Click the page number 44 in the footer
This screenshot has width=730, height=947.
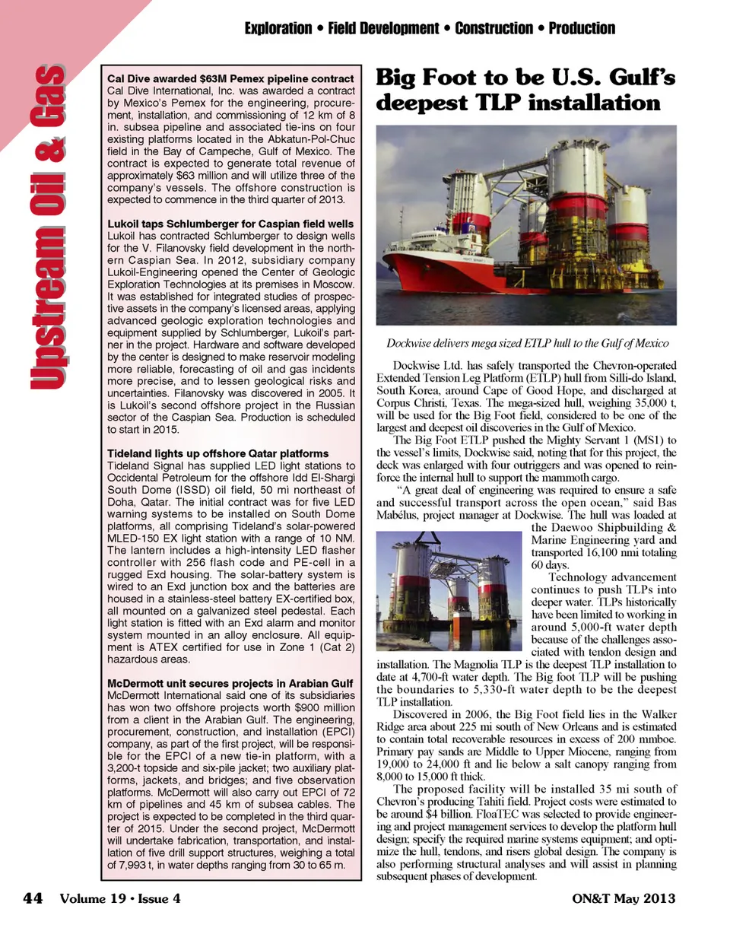point(33,898)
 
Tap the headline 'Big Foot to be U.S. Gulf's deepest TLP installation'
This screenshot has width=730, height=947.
point(525,90)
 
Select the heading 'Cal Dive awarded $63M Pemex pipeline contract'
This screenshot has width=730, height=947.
point(230,78)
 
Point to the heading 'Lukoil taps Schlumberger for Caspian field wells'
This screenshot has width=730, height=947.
point(230,224)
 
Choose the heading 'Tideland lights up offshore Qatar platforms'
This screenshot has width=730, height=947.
point(218,453)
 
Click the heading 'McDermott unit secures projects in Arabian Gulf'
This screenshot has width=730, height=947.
point(230,683)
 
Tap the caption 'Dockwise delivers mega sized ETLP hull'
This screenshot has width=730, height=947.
point(527,343)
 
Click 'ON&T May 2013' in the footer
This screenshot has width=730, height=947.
point(624,898)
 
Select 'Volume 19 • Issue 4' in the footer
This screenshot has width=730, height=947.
point(120,898)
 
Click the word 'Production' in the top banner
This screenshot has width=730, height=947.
point(582,29)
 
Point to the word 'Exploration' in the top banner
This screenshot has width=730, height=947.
point(278,29)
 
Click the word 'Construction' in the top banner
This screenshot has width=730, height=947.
point(494,29)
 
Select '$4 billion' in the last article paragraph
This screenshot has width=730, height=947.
point(436,814)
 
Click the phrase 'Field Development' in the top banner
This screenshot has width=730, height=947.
point(383,29)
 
